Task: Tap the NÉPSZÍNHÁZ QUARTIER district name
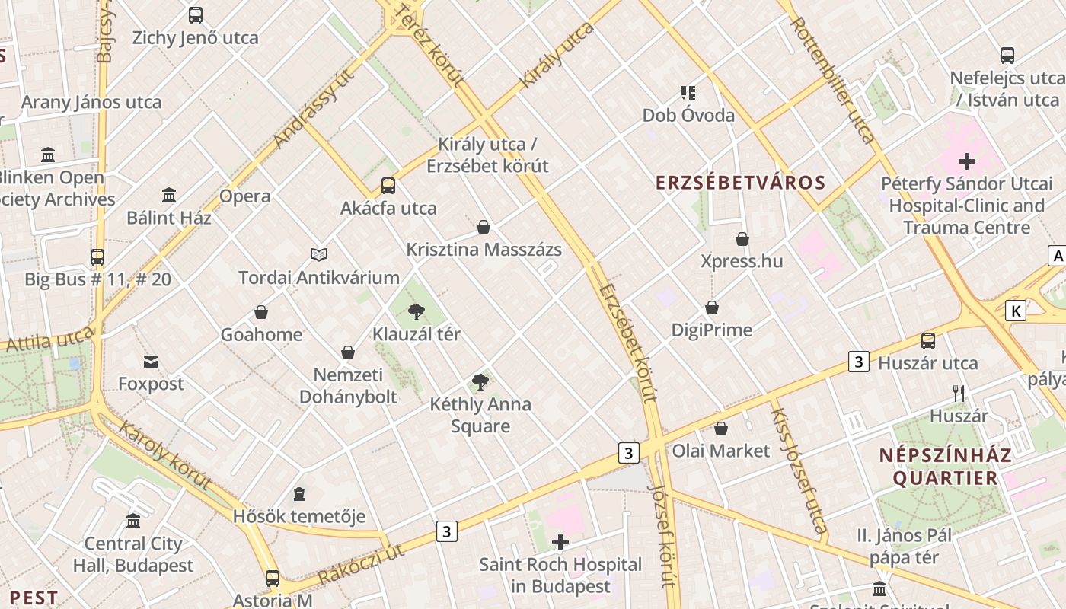[x=945, y=467]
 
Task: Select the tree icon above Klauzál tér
[x=416, y=311]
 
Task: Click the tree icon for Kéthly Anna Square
[x=480, y=381]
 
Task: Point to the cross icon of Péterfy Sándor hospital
[x=967, y=161]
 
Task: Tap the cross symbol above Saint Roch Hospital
[x=560, y=542]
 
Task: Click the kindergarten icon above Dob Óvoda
[x=688, y=93]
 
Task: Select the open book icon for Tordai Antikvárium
[x=319, y=254]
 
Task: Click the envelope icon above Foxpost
[x=151, y=362]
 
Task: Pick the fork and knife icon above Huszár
[x=959, y=394]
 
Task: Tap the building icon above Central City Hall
[x=133, y=521]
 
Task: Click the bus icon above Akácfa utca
[x=388, y=186]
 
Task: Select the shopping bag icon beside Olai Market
[x=720, y=429]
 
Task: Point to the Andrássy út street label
[x=314, y=109]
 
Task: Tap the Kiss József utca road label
[x=798, y=471]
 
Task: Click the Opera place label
[x=244, y=196]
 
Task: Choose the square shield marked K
[x=1015, y=311]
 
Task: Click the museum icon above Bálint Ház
[x=169, y=196]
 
